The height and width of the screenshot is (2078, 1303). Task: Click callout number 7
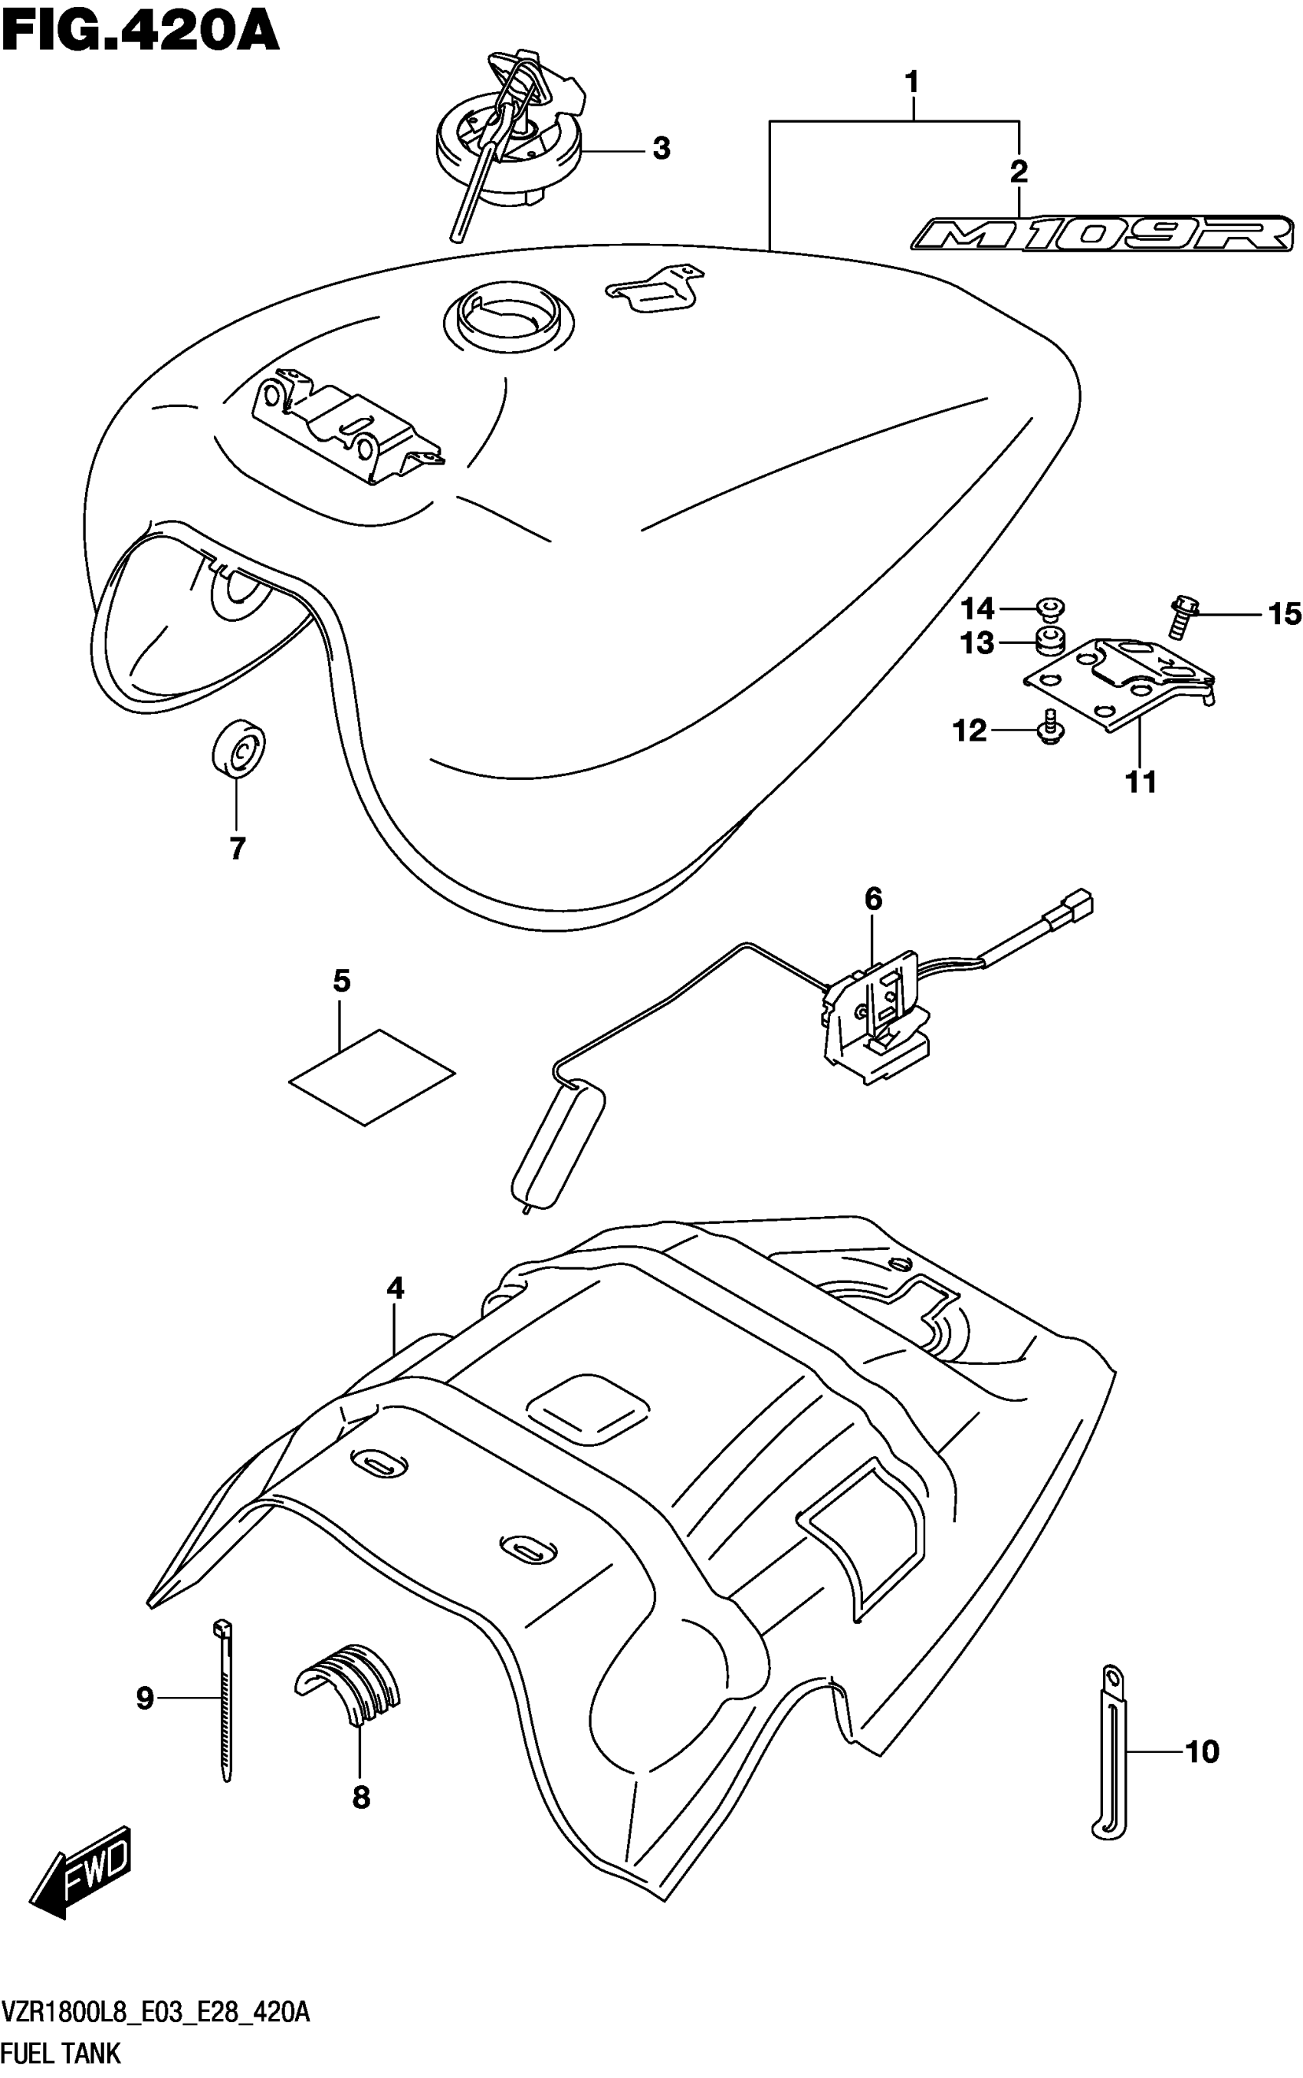click(238, 848)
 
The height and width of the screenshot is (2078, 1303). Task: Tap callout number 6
click(873, 899)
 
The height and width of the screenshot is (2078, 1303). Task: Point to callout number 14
click(978, 609)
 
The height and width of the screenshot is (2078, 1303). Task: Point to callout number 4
click(395, 1288)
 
